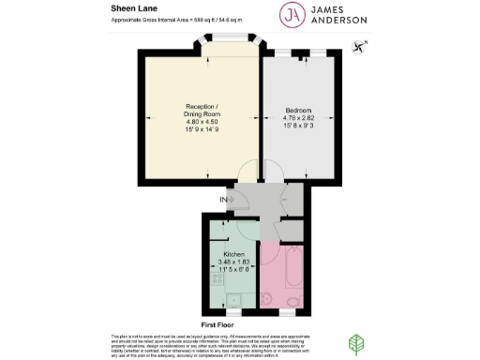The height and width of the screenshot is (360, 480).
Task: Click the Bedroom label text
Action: pos(298,111)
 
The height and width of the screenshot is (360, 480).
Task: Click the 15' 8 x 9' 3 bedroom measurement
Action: pos(298,126)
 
